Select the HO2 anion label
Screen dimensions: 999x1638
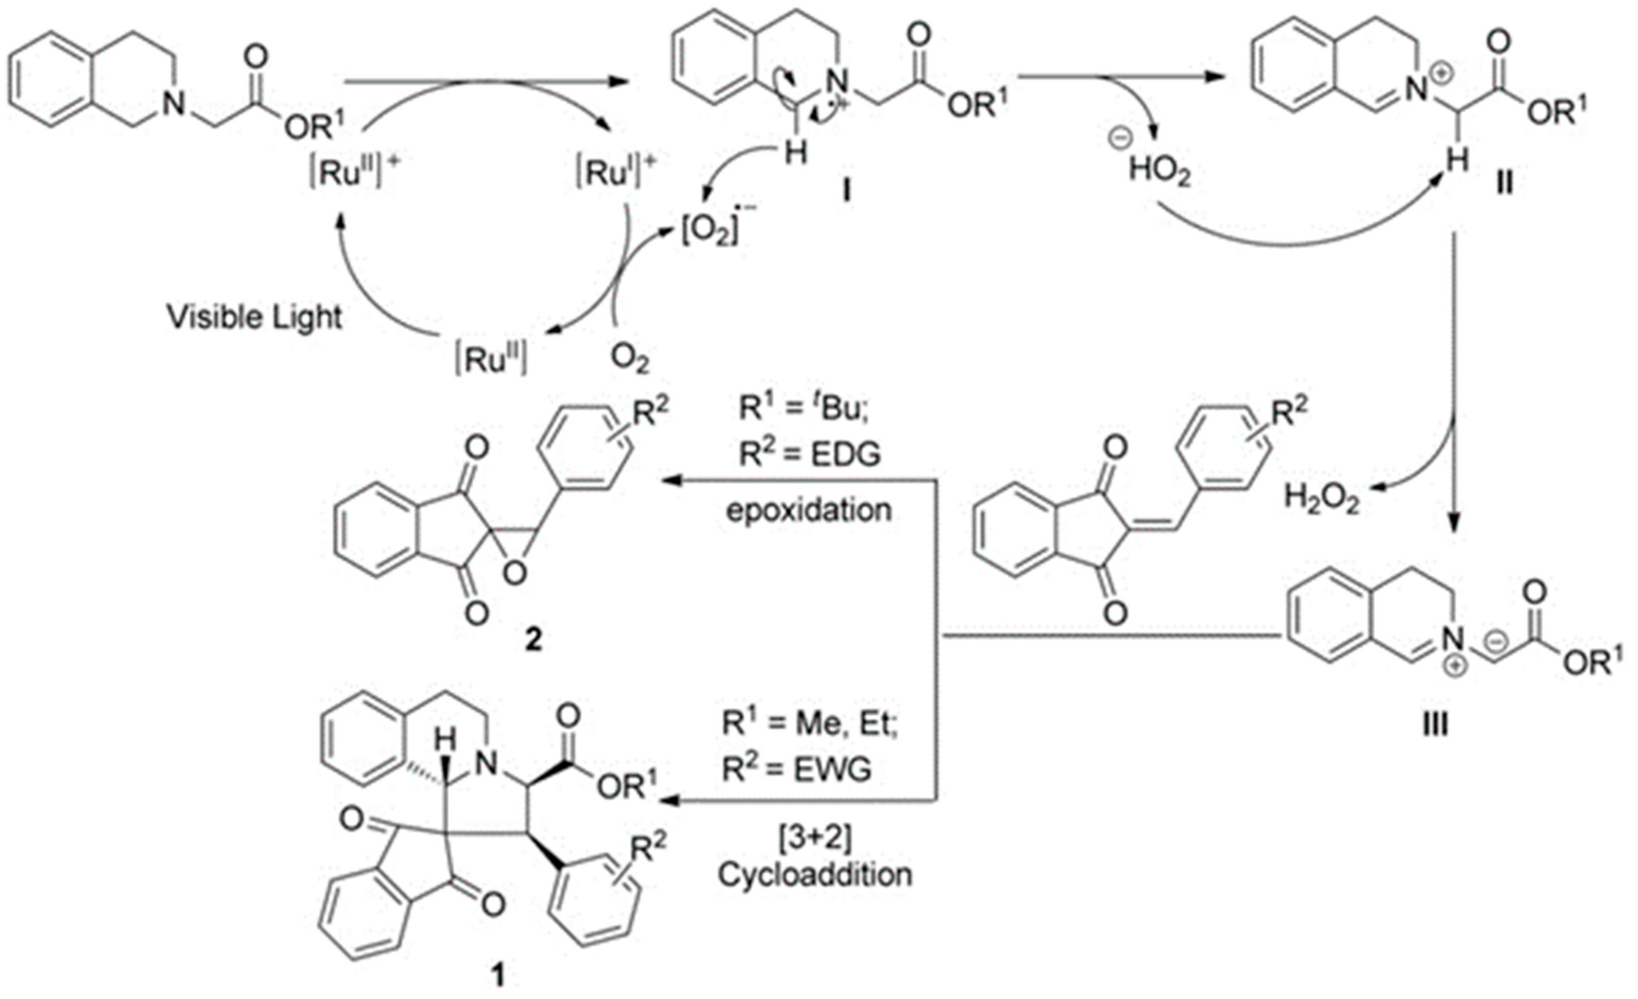(x=1159, y=171)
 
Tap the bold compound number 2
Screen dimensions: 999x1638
(x=534, y=640)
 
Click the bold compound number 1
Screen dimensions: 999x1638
(x=497, y=976)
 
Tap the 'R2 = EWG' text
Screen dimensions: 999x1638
(x=796, y=770)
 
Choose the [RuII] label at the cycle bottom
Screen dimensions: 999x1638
(x=492, y=360)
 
